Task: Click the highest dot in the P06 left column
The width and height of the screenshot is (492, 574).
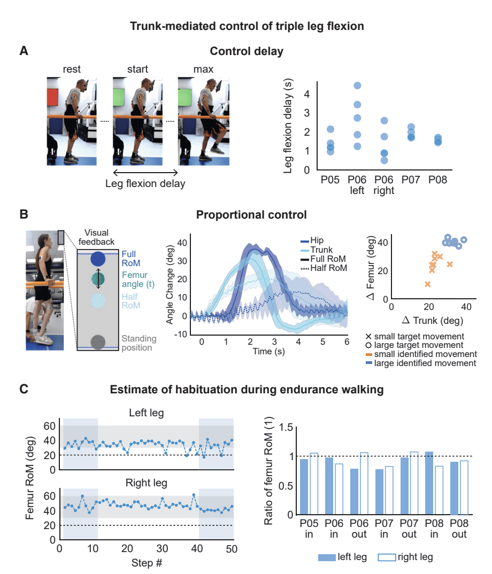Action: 357,86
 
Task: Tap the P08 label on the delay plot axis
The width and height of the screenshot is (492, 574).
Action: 437,180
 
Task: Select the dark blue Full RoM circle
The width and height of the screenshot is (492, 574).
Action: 98,259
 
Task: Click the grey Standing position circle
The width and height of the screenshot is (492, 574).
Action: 98,342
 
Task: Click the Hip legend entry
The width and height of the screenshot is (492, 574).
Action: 312,241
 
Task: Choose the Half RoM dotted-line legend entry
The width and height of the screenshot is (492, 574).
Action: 324,268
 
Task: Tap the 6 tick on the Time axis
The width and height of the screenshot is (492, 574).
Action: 347,342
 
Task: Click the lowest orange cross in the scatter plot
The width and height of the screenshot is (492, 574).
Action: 427,284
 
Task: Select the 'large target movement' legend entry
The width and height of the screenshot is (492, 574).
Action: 414,345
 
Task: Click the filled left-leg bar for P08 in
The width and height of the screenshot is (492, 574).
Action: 429,483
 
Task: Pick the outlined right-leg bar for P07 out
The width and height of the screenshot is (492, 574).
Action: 414,483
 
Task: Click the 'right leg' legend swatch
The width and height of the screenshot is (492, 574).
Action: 387,557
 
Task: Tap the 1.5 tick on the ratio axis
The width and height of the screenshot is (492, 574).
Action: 286,428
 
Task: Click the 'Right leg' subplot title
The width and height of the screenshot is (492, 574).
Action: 146,483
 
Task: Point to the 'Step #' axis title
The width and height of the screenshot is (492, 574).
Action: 147,563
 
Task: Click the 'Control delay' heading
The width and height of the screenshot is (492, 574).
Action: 247,52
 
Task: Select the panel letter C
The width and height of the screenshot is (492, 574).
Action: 24,389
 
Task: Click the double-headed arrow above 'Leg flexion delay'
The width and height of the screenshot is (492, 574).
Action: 145,173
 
